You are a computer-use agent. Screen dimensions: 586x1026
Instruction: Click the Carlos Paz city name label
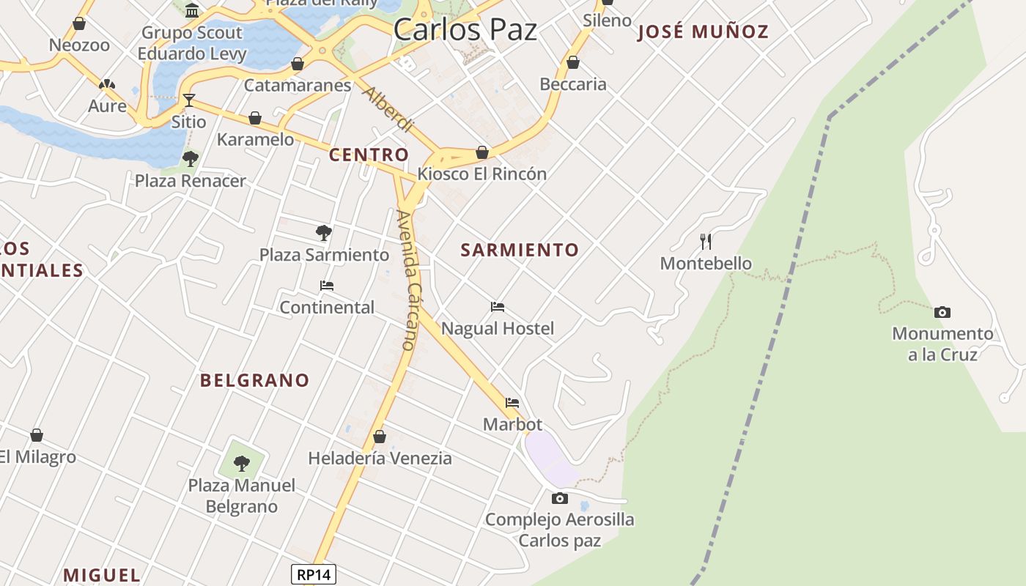tap(465, 29)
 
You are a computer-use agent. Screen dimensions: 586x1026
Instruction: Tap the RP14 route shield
tap(314, 575)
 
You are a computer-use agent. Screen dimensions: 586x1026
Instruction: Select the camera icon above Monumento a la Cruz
tap(942, 312)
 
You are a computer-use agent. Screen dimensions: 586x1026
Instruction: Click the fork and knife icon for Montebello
tap(706, 242)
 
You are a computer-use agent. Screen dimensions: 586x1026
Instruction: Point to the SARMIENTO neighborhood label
tap(520, 250)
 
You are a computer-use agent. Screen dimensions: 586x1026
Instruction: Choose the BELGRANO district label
tap(255, 380)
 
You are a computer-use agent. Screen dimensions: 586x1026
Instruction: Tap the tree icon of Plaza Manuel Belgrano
tap(241, 463)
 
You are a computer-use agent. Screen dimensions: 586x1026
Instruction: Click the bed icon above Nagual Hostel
tap(498, 307)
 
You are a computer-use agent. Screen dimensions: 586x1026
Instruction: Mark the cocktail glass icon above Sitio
tap(189, 100)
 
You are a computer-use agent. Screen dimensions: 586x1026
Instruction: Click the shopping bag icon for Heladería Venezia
tap(380, 437)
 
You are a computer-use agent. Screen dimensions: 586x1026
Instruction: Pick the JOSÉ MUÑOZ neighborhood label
tap(703, 31)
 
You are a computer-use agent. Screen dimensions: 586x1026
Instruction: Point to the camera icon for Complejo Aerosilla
tap(560, 499)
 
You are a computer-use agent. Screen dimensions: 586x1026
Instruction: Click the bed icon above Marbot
tap(512, 403)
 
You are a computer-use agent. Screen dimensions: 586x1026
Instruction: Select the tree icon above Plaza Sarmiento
tap(323, 233)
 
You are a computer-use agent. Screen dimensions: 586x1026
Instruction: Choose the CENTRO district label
tap(369, 155)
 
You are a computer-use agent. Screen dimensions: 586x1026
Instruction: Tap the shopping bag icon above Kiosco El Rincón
tap(482, 152)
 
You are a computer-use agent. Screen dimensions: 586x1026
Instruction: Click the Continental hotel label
tap(327, 307)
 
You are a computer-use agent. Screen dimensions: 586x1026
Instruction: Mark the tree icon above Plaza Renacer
tap(191, 158)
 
